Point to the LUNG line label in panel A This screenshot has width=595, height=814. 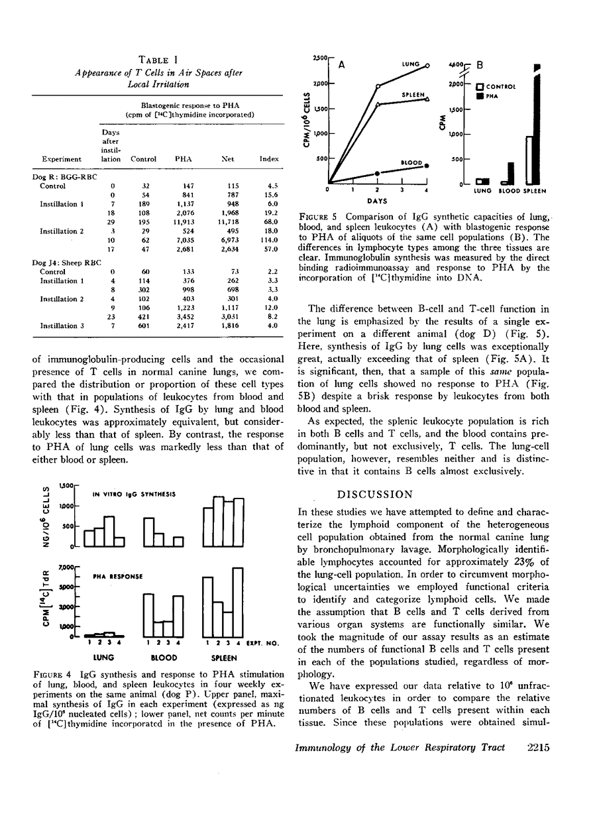pyautogui.click(x=411, y=64)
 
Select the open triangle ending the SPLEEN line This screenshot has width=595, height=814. pyautogui.click(x=427, y=99)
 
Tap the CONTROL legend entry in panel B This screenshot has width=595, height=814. pyautogui.click(x=500, y=86)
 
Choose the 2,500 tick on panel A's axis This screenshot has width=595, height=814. pyautogui.click(x=319, y=58)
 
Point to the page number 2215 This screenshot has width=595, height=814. pyautogui.click(x=541, y=747)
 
